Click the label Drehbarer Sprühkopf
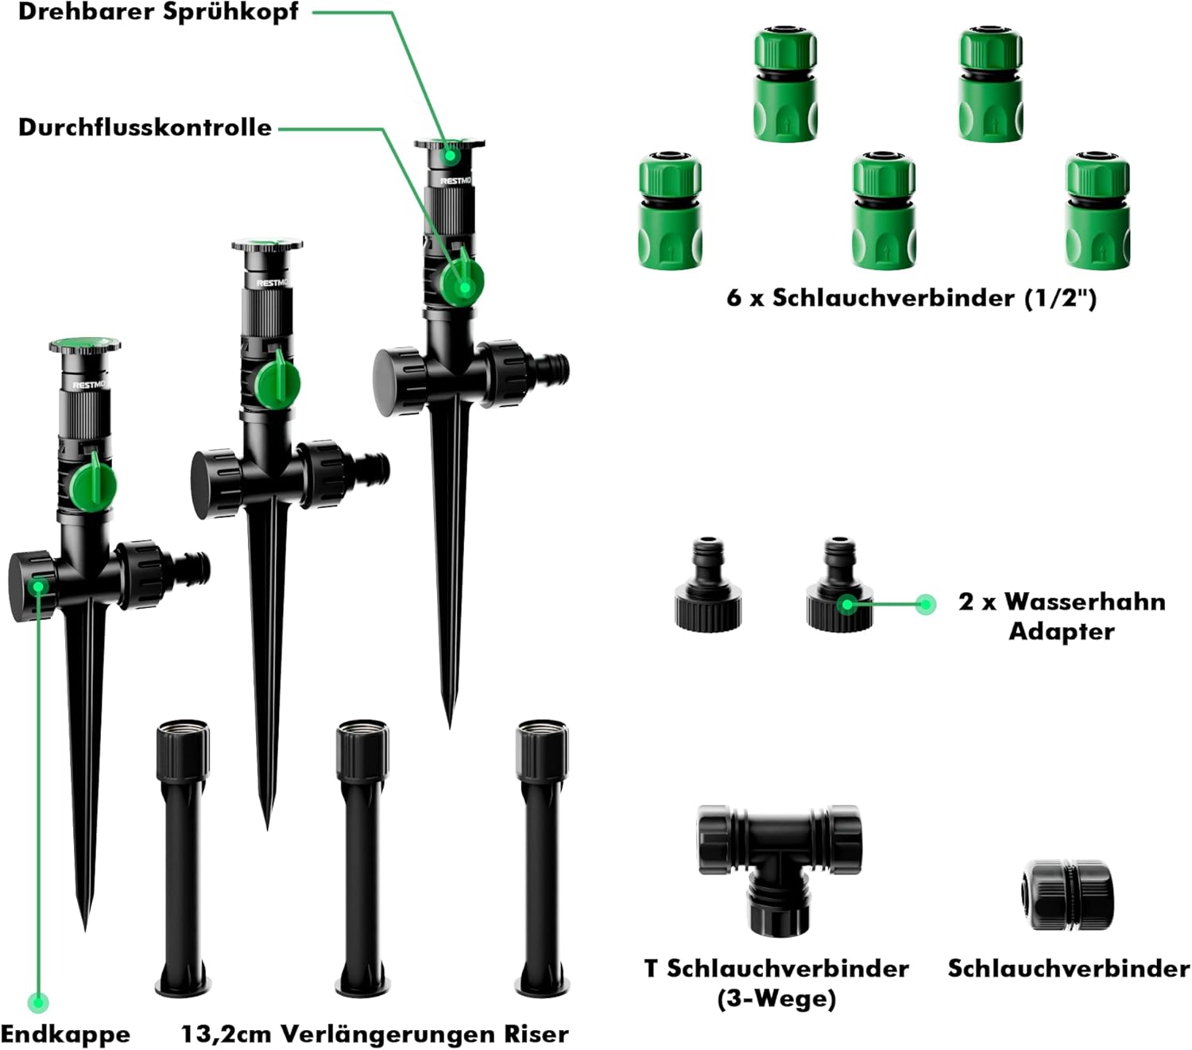[159, 13]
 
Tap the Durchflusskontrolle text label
[145, 127]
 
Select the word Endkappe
[65, 1034]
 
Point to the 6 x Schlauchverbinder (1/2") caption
[911, 298]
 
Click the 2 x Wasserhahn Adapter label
[1062, 616]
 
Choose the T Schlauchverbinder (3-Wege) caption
[776, 982]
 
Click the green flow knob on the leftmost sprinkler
[94, 484]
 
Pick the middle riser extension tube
[362, 858]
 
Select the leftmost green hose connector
[670, 210]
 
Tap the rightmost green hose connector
[1097, 210]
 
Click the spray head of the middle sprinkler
[267, 246]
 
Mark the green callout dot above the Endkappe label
[37, 1002]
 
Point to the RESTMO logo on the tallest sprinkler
[455, 181]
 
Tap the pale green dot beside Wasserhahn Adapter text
[925, 605]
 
